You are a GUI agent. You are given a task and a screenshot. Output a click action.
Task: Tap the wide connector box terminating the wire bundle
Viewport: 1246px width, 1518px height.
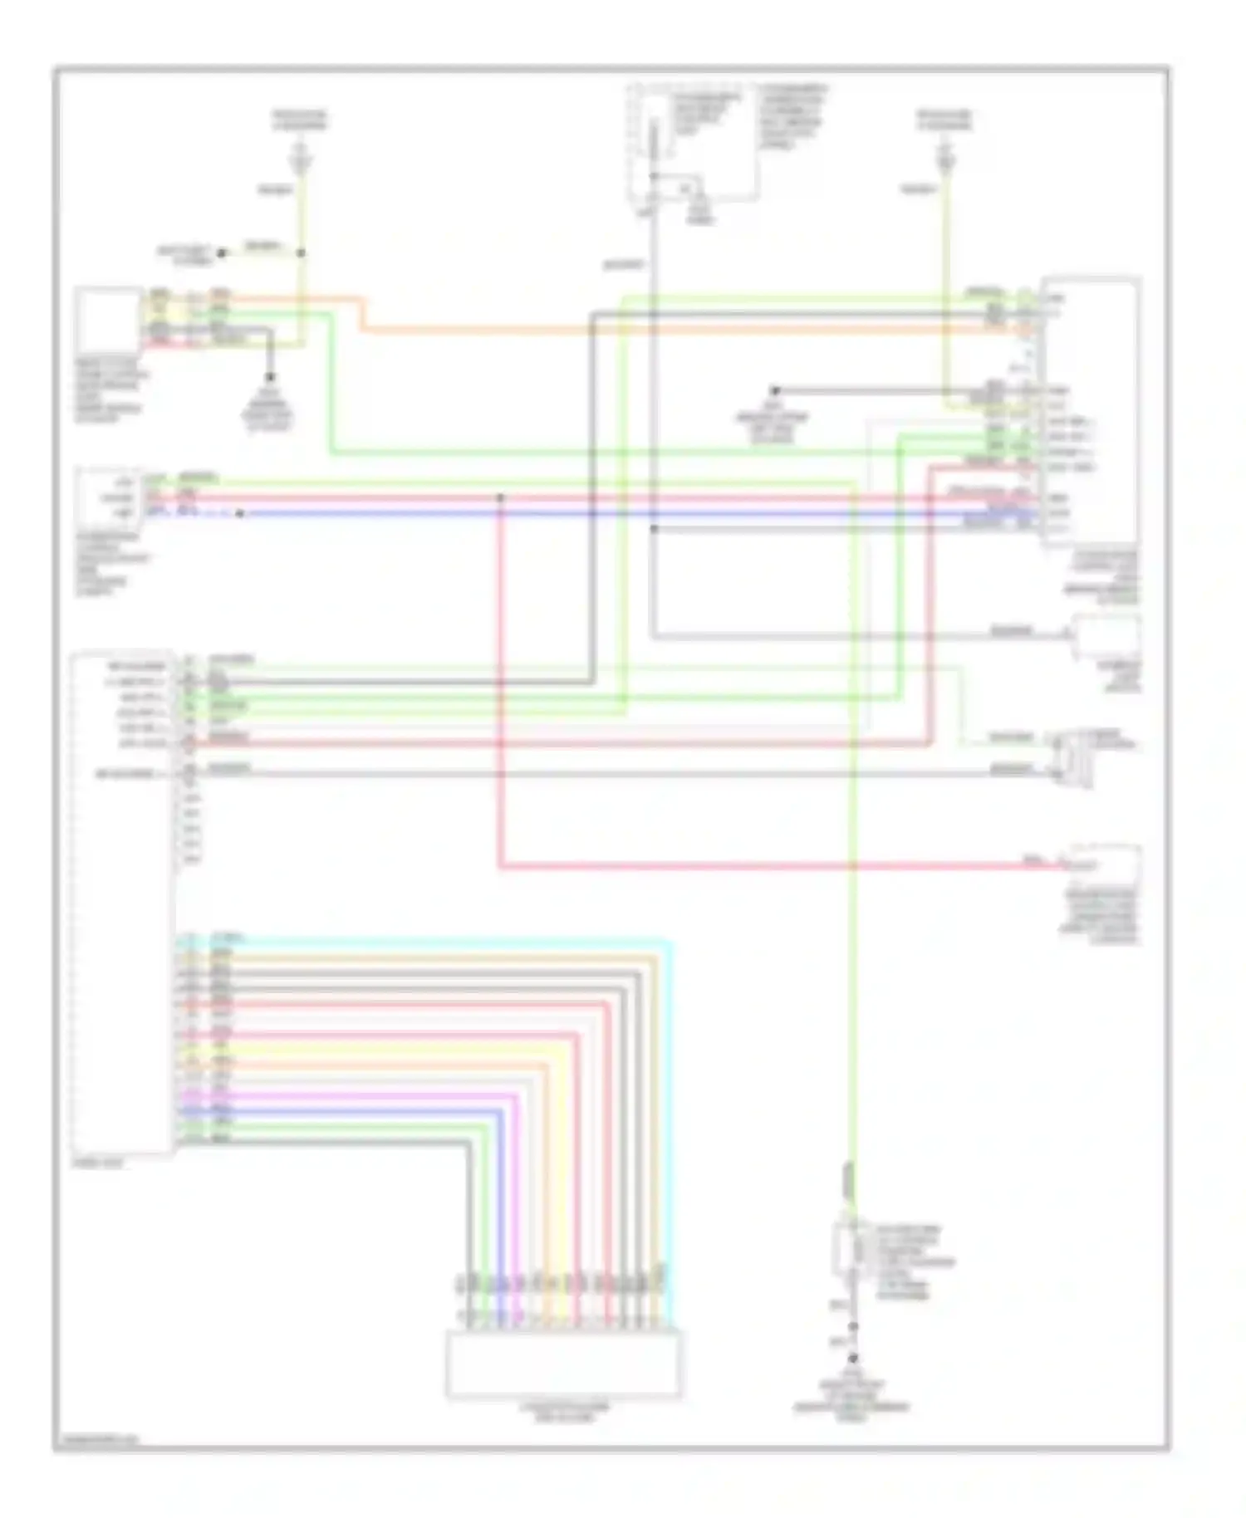point(564,1362)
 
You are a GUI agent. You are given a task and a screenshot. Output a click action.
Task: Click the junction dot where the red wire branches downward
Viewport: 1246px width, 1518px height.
point(500,497)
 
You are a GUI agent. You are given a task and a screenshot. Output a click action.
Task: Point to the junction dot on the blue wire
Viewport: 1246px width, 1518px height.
point(240,514)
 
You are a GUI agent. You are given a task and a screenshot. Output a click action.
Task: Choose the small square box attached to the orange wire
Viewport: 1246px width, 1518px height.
point(108,320)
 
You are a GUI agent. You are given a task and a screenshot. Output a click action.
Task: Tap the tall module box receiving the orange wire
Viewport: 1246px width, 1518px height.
point(1091,411)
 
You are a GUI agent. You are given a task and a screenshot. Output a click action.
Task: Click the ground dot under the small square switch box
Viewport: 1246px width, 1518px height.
point(269,376)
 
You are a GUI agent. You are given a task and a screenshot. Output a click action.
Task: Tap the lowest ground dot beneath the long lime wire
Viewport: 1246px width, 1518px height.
point(852,1359)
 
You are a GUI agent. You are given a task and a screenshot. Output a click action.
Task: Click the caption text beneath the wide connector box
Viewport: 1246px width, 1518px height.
point(563,1413)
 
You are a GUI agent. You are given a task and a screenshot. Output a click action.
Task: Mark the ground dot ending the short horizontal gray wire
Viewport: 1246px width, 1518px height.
point(774,389)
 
